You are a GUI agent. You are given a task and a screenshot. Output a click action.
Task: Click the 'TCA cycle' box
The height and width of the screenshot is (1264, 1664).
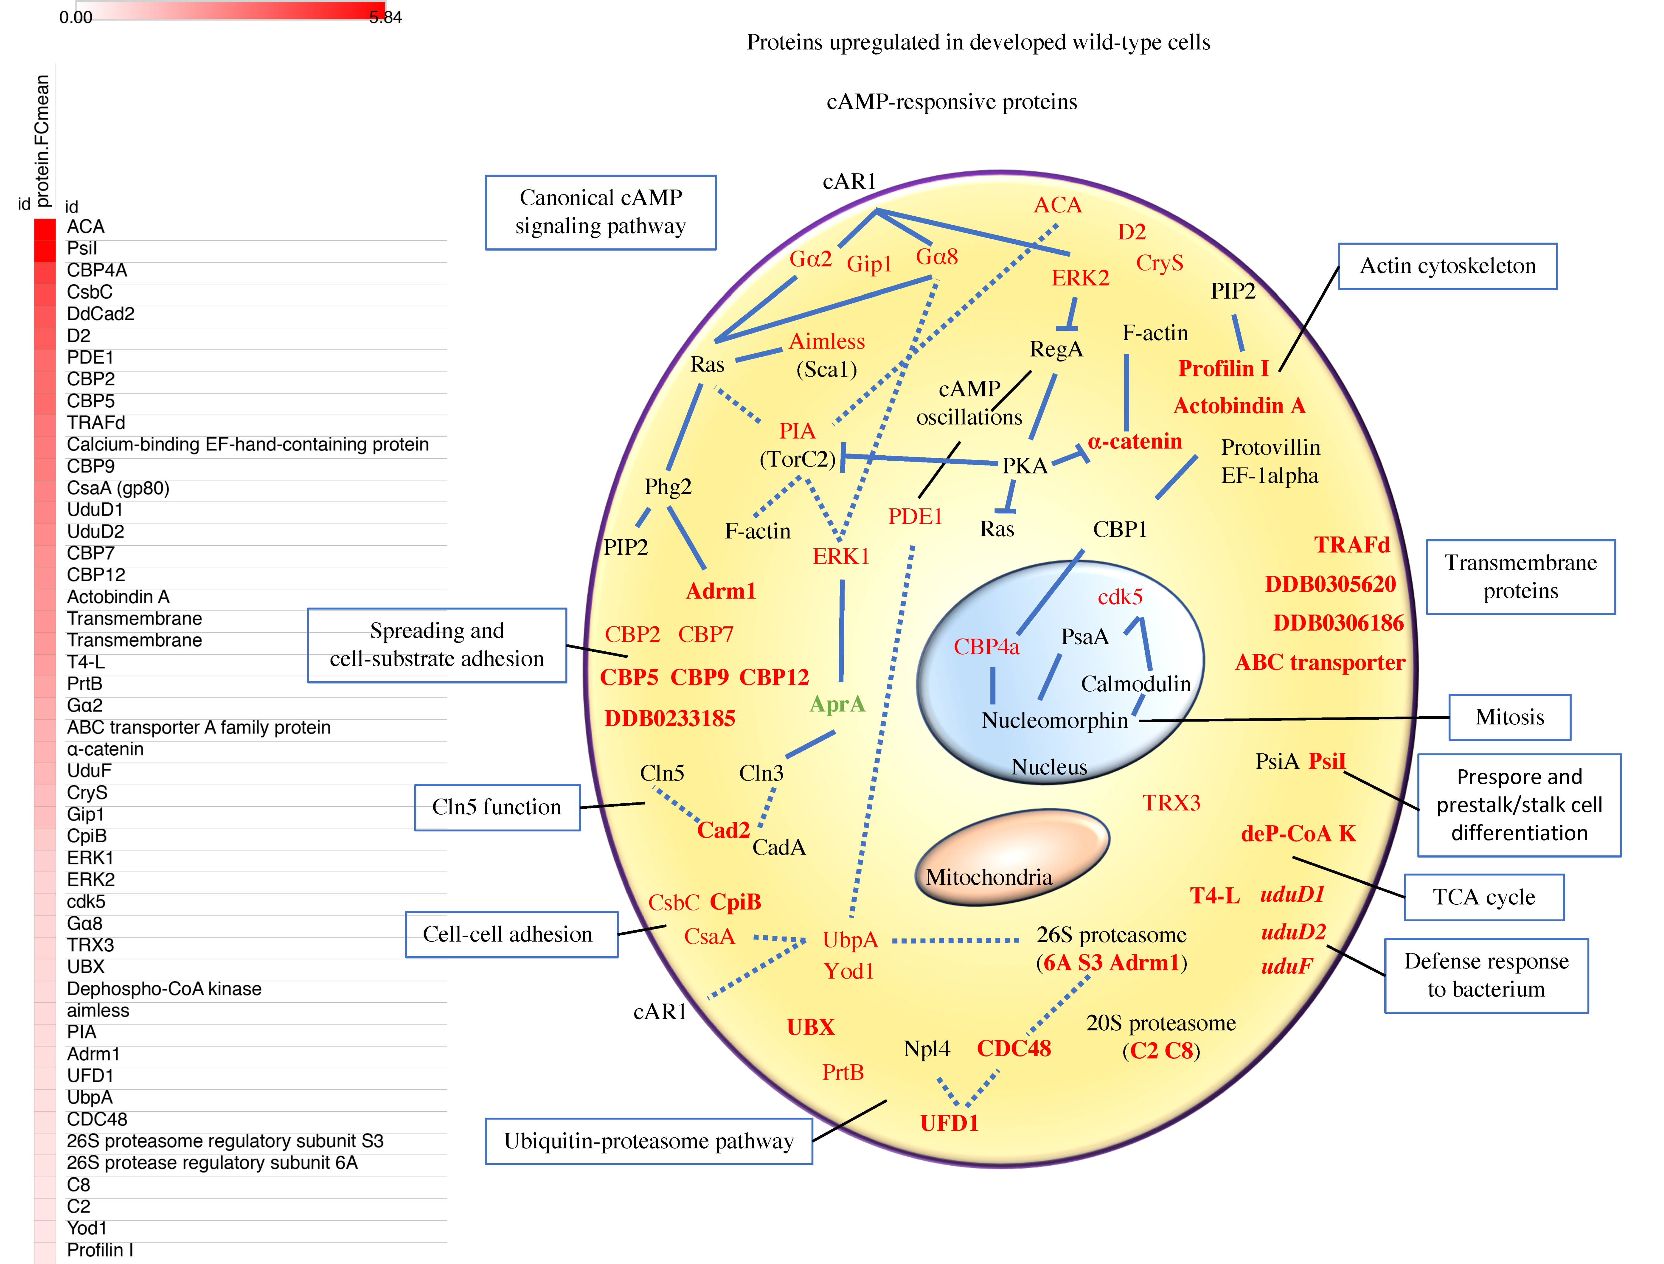[1484, 897]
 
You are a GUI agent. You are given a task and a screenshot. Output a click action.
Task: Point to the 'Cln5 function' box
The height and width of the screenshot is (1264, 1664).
[497, 807]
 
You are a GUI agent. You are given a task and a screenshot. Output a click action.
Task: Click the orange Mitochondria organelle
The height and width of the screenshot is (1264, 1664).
[1012, 856]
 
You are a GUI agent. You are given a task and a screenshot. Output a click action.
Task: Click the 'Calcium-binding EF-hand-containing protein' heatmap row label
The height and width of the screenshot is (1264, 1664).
[248, 445]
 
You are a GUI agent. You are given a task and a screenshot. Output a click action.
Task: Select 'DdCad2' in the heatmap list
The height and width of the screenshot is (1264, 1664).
[101, 314]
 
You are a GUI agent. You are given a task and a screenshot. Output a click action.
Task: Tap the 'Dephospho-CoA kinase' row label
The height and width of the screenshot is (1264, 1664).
[164, 989]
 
